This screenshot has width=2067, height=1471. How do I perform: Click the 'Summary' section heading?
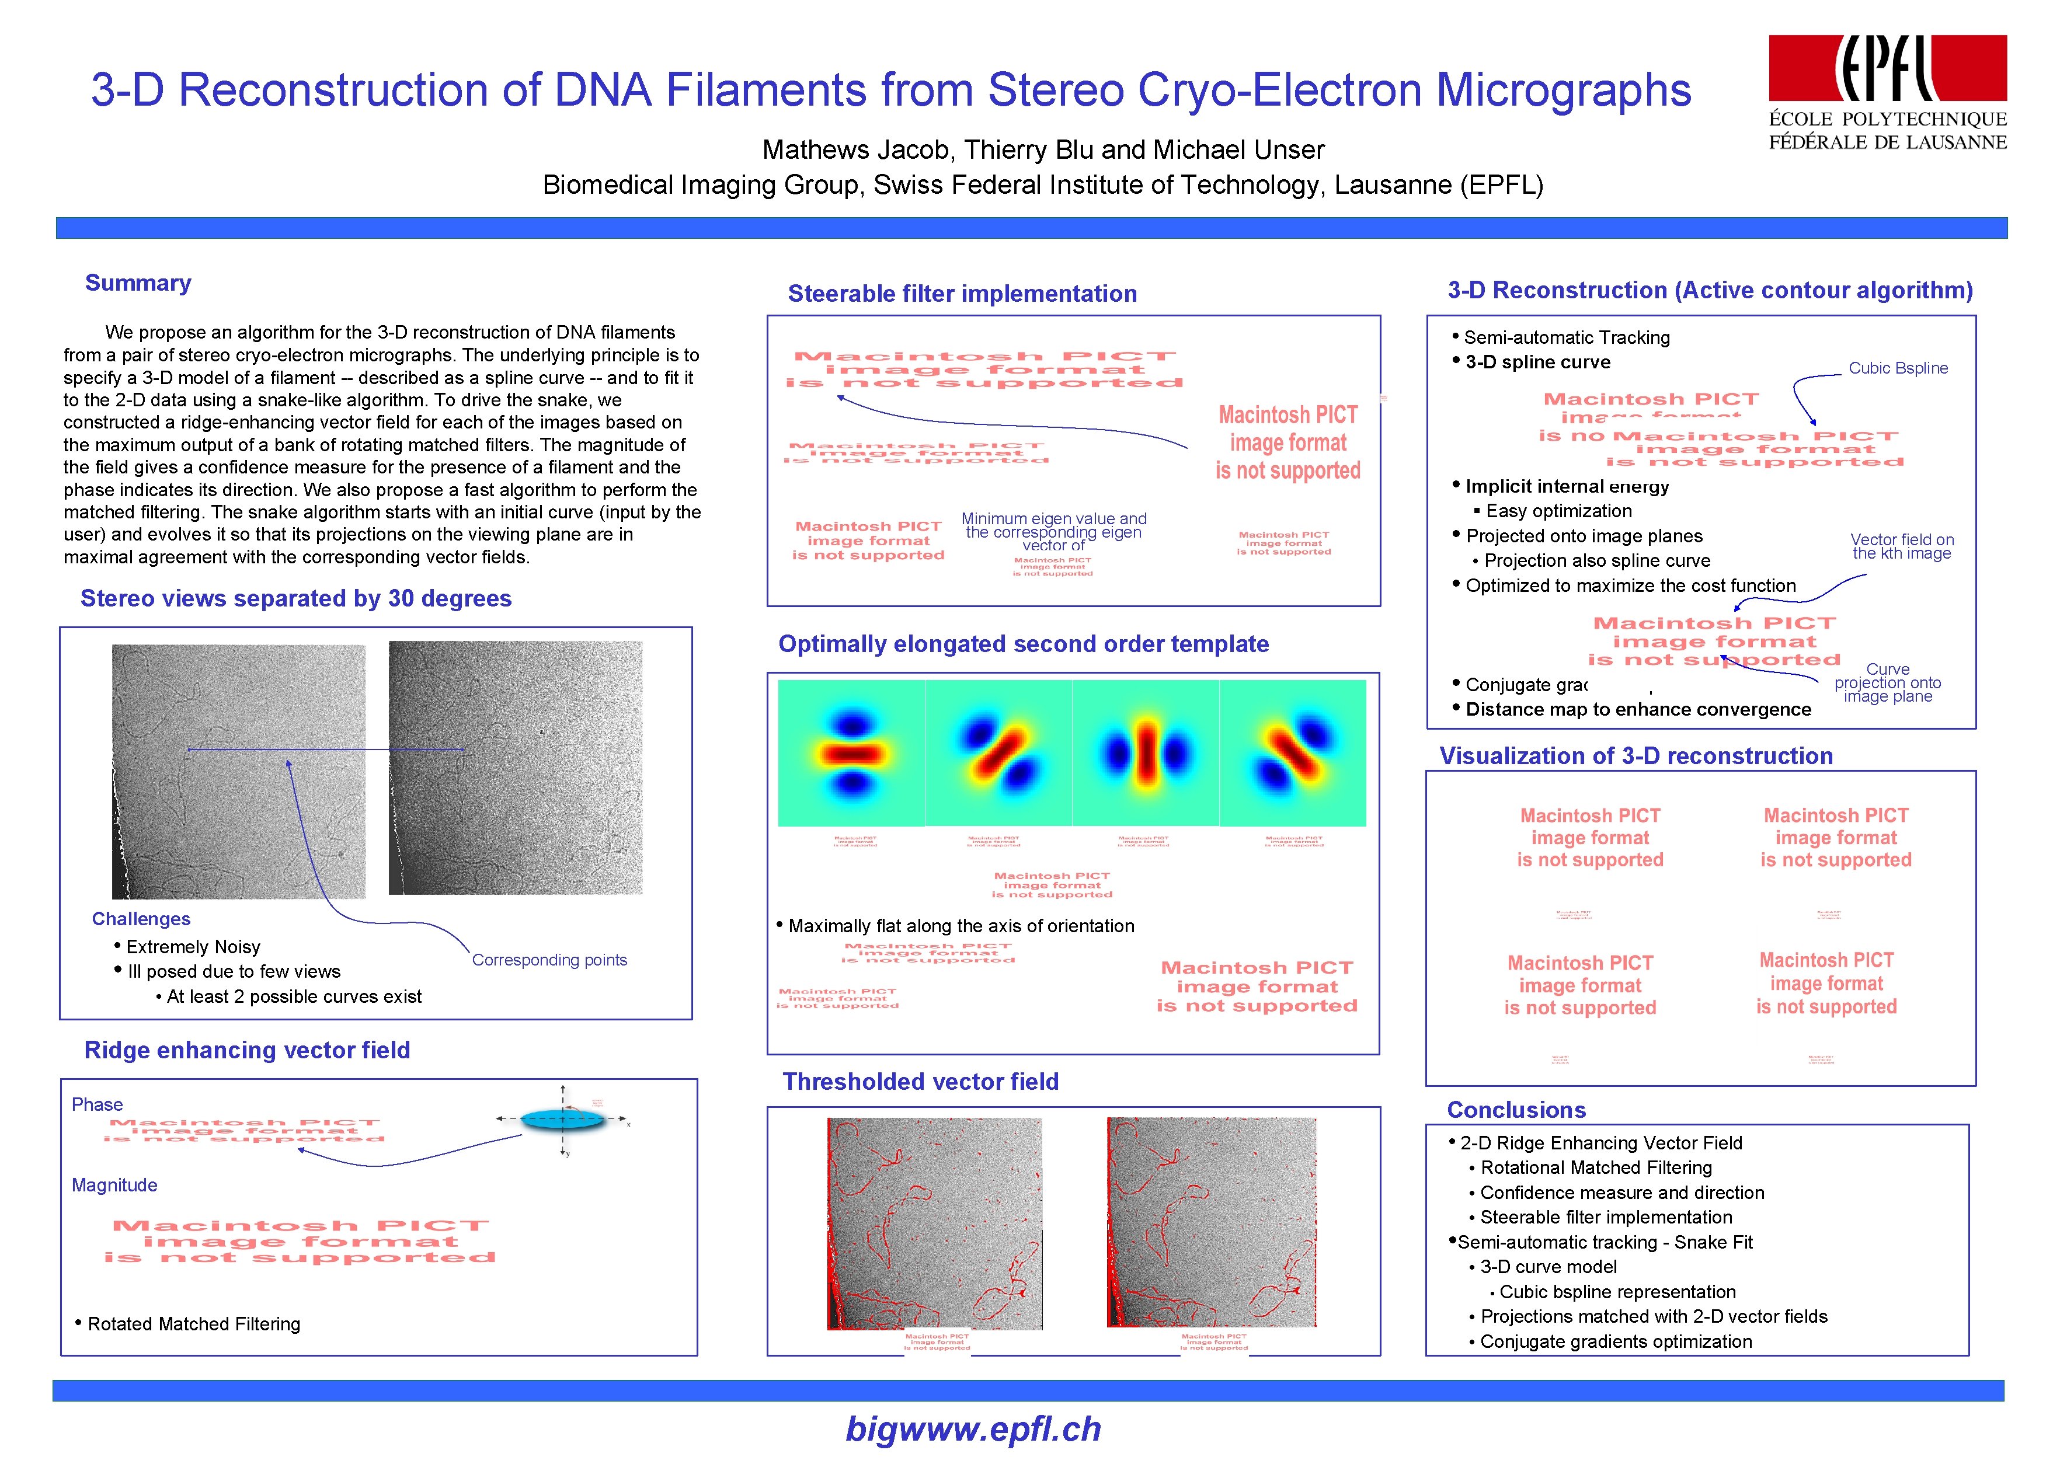(138, 284)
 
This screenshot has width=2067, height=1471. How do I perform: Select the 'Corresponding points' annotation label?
(549, 960)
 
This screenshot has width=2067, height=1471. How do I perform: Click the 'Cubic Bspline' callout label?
(1898, 368)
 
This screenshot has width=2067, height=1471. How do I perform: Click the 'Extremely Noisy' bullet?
(193, 947)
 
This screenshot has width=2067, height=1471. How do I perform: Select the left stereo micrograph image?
(238, 771)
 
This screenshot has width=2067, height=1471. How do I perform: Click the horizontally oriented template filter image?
(851, 752)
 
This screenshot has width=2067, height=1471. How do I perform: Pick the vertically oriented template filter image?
(1146, 752)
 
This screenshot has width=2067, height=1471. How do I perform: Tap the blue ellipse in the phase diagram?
(562, 1120)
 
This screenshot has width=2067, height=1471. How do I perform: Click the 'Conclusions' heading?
(1516, 1110)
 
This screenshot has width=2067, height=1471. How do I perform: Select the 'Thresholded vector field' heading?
(920, 1082)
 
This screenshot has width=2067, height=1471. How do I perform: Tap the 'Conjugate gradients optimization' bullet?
(1615, 1341)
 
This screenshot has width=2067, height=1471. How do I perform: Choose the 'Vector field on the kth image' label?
(1901, 546)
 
